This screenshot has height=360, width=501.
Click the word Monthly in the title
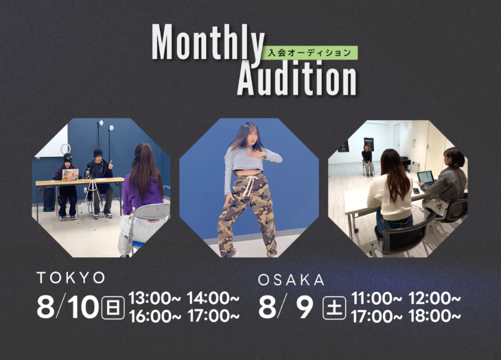(x=209, y=43)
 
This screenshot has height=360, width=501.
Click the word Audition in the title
(x=297, y=78)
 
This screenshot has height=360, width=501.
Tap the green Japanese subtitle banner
(x=310, y=53)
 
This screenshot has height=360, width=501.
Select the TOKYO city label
(x=71, y=278)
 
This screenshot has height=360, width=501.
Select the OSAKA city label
(x=292, y=280)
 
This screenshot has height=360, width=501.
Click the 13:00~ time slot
(x=154, y=298)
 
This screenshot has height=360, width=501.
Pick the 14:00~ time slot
(x=213, y=298)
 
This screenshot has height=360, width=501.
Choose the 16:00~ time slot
(x=155, y=316)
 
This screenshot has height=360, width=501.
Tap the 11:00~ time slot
(x=376, y=299)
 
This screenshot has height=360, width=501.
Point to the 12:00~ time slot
(x=435, y=299)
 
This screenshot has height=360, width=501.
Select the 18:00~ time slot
(x=435, y=316)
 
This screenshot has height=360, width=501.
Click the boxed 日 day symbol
(x=113, y=308)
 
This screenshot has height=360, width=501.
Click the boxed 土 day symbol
(x=334, y=308)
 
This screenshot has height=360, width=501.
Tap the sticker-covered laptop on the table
(x=70, y=175)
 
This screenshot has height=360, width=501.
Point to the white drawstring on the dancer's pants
(x=249, y=186)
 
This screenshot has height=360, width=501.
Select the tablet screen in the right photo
(x=426, y=177)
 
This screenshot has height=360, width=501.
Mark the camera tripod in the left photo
(x=93, y=200)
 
